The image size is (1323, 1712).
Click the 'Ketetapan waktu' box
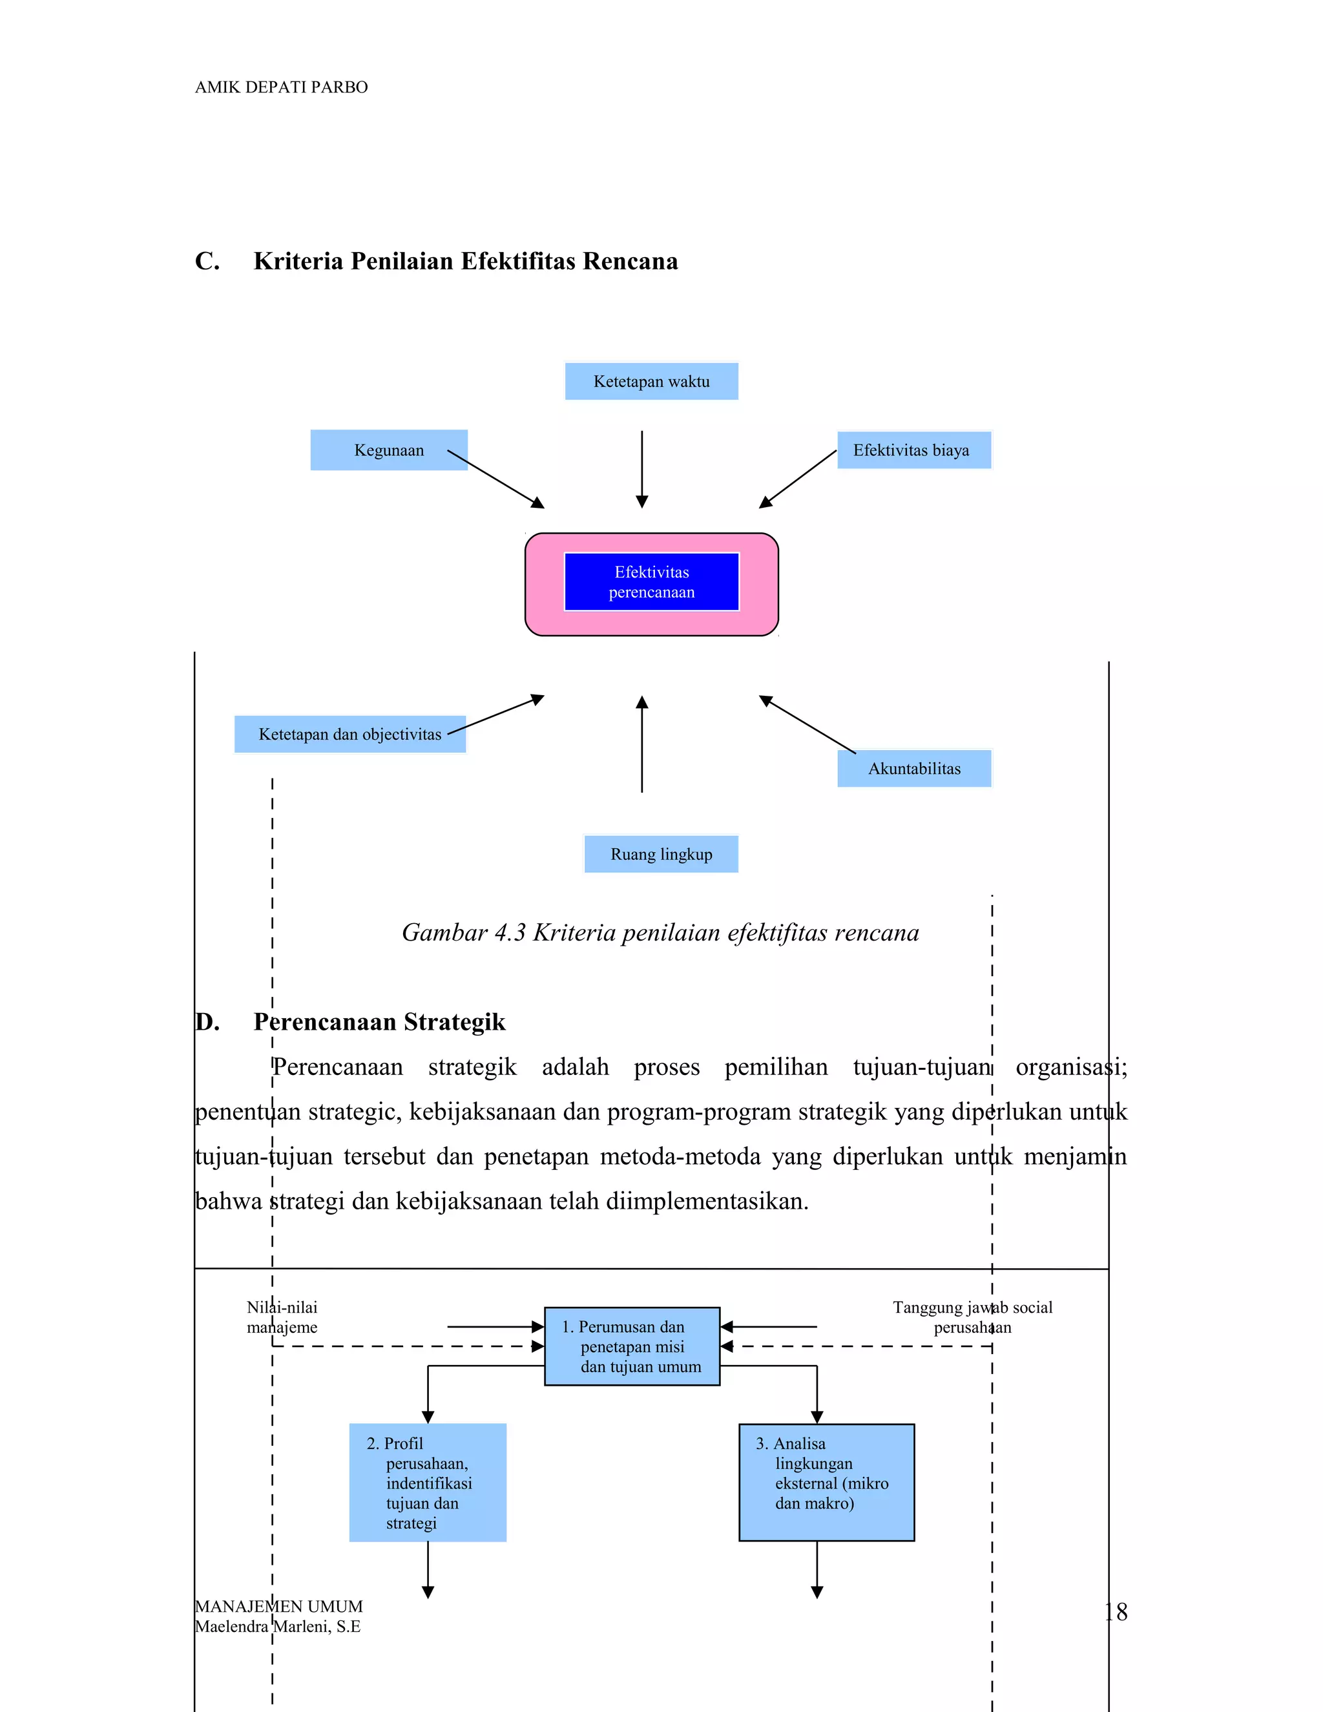pos(651,382)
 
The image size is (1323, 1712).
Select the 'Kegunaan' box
pos(389,450)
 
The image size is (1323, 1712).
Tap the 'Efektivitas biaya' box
pos(914,450)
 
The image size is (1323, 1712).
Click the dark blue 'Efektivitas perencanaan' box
pos(651,581)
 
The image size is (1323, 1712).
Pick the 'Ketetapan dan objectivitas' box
pos(349,735)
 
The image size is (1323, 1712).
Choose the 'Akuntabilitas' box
pos(914,768)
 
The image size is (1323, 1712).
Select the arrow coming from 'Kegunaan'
pos(495,479)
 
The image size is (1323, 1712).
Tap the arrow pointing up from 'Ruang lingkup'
pos(642,745)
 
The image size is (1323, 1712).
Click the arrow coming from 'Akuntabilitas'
pos(807,724)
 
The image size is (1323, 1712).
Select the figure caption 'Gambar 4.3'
pos(660,933)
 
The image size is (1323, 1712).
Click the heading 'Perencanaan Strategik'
pos(379,1022)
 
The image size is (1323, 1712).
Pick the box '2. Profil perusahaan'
pos(428,1482)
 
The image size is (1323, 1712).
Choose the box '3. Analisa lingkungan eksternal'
pos(826,1482)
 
